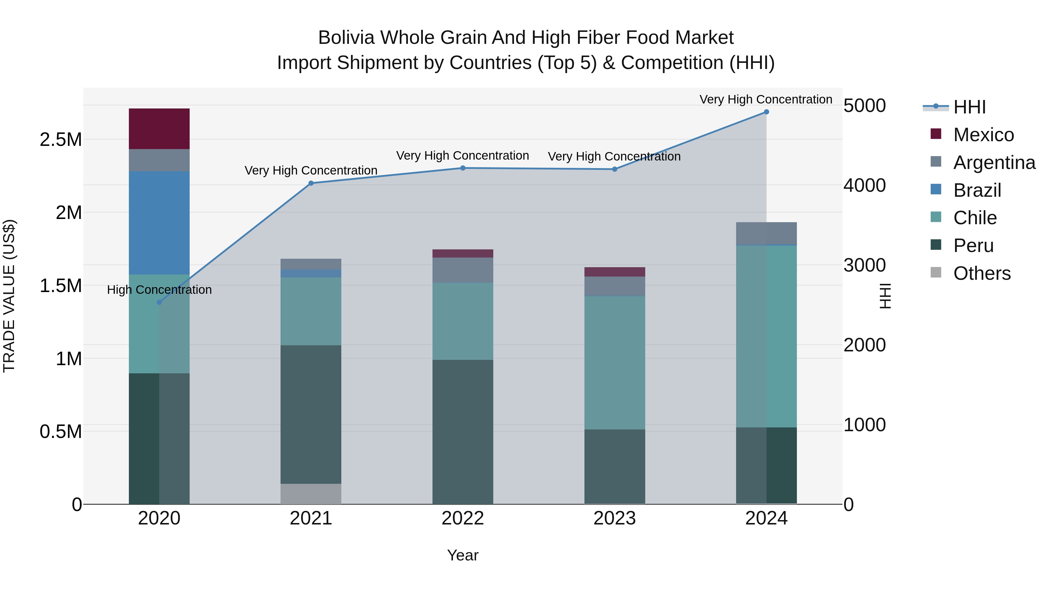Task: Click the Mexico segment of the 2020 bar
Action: click(159, 129)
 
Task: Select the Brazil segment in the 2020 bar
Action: click(159, 223)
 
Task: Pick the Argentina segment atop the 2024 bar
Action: click(766, 233)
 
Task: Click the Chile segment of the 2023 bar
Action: click(615, 363)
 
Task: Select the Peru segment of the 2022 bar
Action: click(463, 432)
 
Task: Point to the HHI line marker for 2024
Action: click(766, 112)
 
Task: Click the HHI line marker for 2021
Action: click(311, 183)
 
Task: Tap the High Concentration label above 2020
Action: click(159, 290)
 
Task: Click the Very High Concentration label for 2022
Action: click(462, 156)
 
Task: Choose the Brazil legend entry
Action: click(977, 190)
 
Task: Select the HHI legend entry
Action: click(969, 107)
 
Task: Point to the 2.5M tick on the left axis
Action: click(60, 140)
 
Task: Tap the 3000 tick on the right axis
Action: click(864, 265)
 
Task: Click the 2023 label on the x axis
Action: click(614, 518)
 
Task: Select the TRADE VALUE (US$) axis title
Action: click(9, 296)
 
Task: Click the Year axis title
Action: click(462, 555)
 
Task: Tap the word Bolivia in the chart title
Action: click(346, 38)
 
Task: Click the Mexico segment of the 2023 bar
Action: click(615, 272)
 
